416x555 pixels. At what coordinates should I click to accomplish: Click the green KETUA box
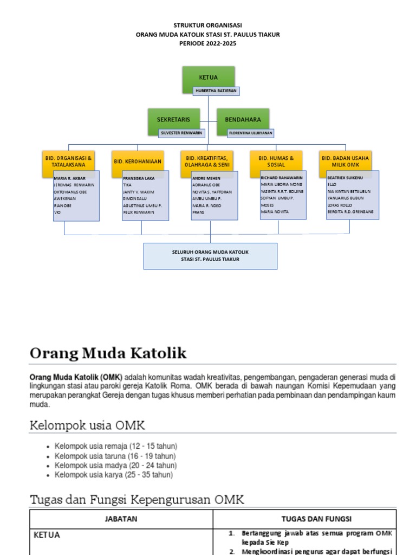(x=208, y=77)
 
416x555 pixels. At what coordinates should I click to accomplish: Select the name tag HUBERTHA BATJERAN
(x=216, y=91)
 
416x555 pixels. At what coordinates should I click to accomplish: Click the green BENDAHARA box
(x=243, y=119)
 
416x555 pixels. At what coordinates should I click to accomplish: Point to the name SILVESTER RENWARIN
(x=180, y=132)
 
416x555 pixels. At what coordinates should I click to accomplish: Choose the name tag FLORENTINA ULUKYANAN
(x=251, y=132)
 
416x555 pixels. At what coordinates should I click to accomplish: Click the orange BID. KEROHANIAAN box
(x=138, y=162)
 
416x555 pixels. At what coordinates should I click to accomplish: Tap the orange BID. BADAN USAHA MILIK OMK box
(x=345, y=161)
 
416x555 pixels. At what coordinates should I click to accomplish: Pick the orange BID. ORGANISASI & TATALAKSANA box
(x=68, y=162)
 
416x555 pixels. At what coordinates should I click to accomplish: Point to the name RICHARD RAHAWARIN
(x=282, y=177)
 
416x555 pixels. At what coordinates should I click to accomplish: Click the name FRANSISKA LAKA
(x=139, y=178)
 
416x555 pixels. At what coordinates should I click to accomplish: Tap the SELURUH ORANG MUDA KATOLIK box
(x=210, y=256)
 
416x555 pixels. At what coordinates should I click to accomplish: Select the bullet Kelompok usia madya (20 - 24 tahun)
(x=115, y=466)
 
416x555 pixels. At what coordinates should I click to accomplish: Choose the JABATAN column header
(x=121, y=519)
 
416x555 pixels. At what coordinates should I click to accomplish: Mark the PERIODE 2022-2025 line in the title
(x=208, y=43)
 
